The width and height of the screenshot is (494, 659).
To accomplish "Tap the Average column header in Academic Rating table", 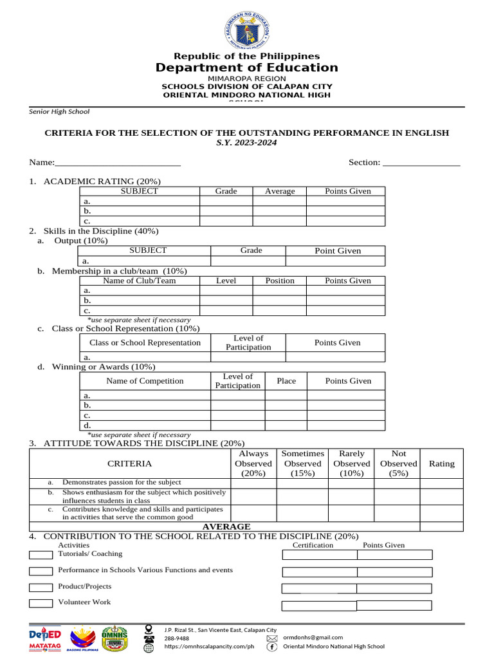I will coord(279,191).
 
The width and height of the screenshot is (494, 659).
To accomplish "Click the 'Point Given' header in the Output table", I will coord(337,251).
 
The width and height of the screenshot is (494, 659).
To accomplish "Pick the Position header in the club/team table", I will coord(279,281).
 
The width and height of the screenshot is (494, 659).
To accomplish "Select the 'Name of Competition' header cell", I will coord(145,381).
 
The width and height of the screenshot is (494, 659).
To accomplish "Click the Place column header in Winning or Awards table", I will coord(286,381).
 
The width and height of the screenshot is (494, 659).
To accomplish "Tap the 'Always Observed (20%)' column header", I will coord(253,463).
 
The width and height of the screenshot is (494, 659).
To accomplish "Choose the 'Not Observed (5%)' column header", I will coord(398,463).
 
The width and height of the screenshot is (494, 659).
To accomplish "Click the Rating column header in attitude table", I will coord(441,463).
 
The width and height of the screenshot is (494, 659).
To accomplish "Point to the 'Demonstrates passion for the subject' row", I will coord(122,483).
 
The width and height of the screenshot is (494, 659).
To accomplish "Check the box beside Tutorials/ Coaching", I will coord(41,555).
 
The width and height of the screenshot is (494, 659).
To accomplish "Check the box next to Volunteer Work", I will coord(41,603).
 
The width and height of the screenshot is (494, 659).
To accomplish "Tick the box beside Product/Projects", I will coord(41,587).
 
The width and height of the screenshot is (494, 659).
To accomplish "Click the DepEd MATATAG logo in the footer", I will coord(44,639).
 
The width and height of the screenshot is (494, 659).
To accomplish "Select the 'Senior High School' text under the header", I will coord(59,111).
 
